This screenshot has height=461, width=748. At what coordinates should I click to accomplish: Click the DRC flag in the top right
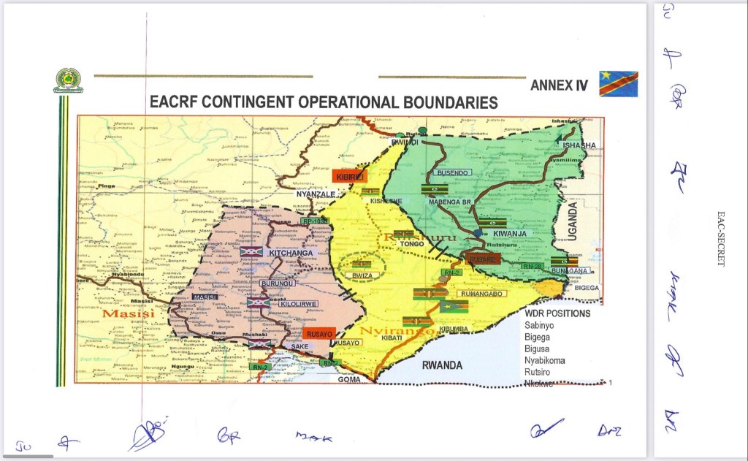click(618, 83)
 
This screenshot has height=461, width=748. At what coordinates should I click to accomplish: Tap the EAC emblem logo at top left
click(68, 80)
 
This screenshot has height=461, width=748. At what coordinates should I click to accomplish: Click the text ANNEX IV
click(559, 85)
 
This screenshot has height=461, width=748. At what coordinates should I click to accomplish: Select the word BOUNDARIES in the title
click(450, 102)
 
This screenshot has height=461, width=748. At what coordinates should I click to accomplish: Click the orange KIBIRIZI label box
click(348, 176)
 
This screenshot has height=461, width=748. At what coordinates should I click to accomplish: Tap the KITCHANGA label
click(291, 253)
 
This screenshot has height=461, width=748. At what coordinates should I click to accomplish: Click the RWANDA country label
click(442, 365)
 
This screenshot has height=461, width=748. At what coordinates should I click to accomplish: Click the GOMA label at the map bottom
click(349, 380)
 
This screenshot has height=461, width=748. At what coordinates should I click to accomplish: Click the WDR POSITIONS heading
click(557, 313)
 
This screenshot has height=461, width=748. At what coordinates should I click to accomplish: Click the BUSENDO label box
click(452, 172)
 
